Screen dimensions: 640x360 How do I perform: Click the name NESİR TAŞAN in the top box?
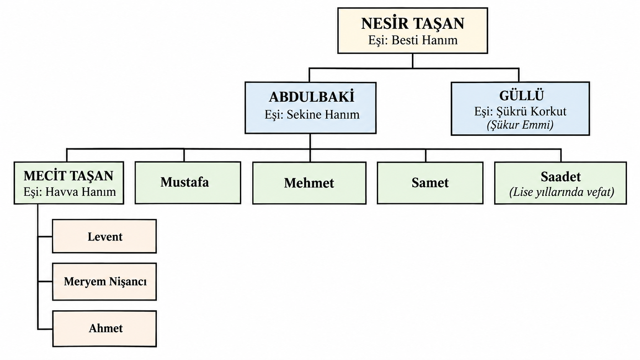413,23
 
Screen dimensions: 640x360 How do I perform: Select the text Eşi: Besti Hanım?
413,40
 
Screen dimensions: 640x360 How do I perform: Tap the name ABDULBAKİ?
312,97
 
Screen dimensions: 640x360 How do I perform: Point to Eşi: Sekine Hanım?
312,115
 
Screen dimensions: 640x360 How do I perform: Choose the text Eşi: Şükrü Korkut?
520,111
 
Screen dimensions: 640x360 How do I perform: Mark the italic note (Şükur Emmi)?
520,125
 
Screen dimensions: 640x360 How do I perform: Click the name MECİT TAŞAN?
69,176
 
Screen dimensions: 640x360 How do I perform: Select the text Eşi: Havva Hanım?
69,192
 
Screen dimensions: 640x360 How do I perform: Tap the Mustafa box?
188,183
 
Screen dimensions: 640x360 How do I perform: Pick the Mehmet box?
309,183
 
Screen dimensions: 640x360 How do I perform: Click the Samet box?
430,183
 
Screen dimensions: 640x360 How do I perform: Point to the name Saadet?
560,177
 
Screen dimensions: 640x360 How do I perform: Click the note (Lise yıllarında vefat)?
562,192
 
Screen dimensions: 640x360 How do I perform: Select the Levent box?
104,236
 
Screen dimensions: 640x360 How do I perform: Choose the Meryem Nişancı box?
104,282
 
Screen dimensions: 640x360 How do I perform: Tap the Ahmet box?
104,329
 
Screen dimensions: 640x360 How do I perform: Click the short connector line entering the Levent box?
45,237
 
